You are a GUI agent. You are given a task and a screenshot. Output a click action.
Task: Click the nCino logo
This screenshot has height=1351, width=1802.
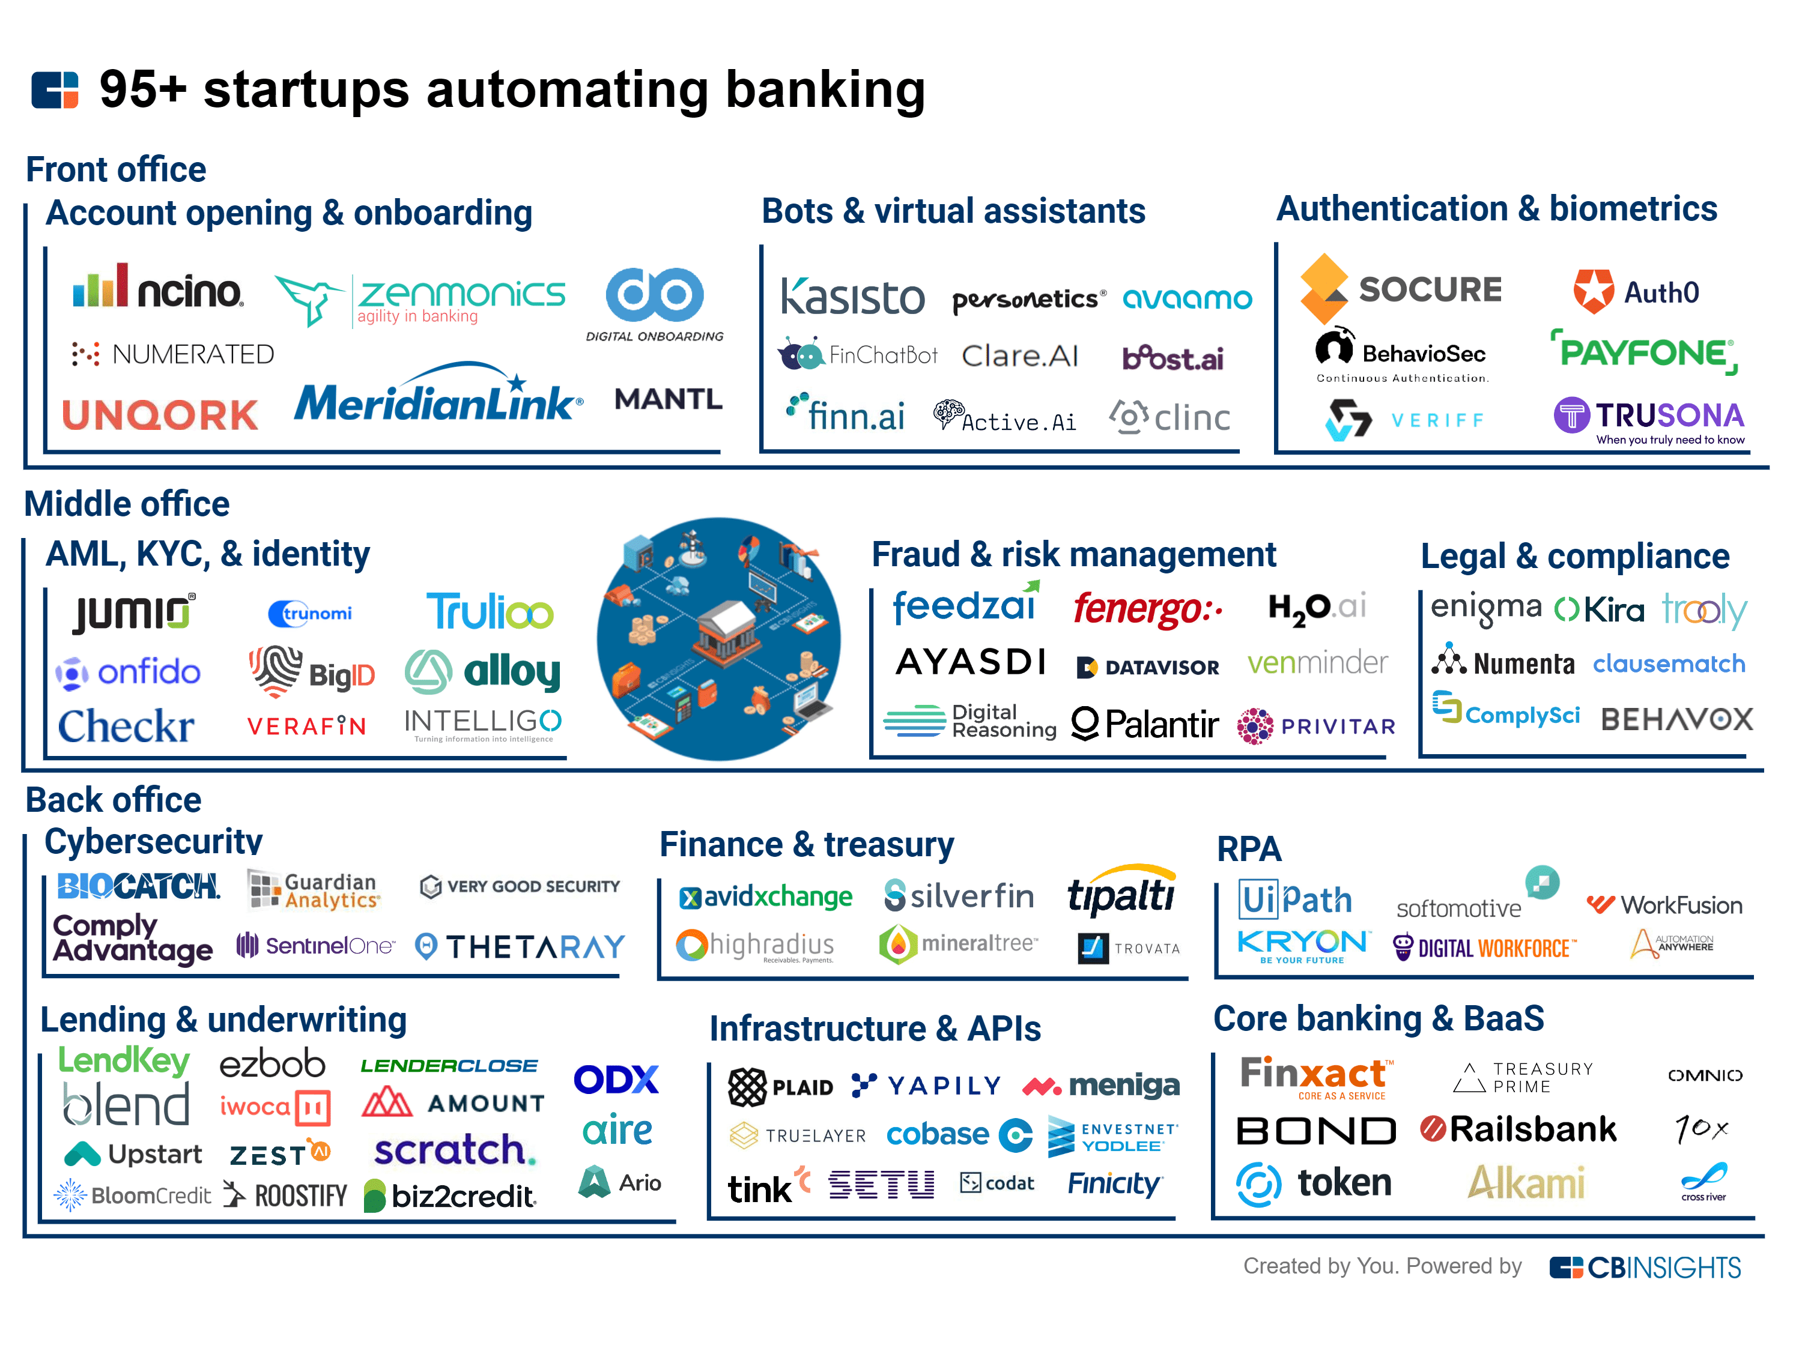(158, 288)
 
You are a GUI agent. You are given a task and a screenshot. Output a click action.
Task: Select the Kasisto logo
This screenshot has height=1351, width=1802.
(852, 297)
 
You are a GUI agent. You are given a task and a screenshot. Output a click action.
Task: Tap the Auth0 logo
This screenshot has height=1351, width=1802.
(1636, 292)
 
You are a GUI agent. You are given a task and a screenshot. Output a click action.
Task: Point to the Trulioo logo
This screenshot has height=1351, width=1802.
(490, 612)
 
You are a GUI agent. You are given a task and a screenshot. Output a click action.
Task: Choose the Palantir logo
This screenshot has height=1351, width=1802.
(1145, 723)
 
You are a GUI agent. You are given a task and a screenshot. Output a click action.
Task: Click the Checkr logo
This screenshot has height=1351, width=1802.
(126, 725)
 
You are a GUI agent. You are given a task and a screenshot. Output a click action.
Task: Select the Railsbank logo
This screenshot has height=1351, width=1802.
(1518, 1129)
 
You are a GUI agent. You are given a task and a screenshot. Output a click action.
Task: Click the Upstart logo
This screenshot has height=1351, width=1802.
(133, 1154)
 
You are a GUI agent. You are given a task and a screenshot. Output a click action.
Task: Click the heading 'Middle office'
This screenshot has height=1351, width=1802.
(127, 504)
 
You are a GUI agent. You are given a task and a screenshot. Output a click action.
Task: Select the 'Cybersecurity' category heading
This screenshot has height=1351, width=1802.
(153, 842)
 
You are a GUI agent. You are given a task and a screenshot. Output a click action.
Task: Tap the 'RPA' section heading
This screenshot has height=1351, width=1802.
(1248, 850)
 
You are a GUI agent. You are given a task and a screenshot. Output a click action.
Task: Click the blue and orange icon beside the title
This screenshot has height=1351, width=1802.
(55, 89)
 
